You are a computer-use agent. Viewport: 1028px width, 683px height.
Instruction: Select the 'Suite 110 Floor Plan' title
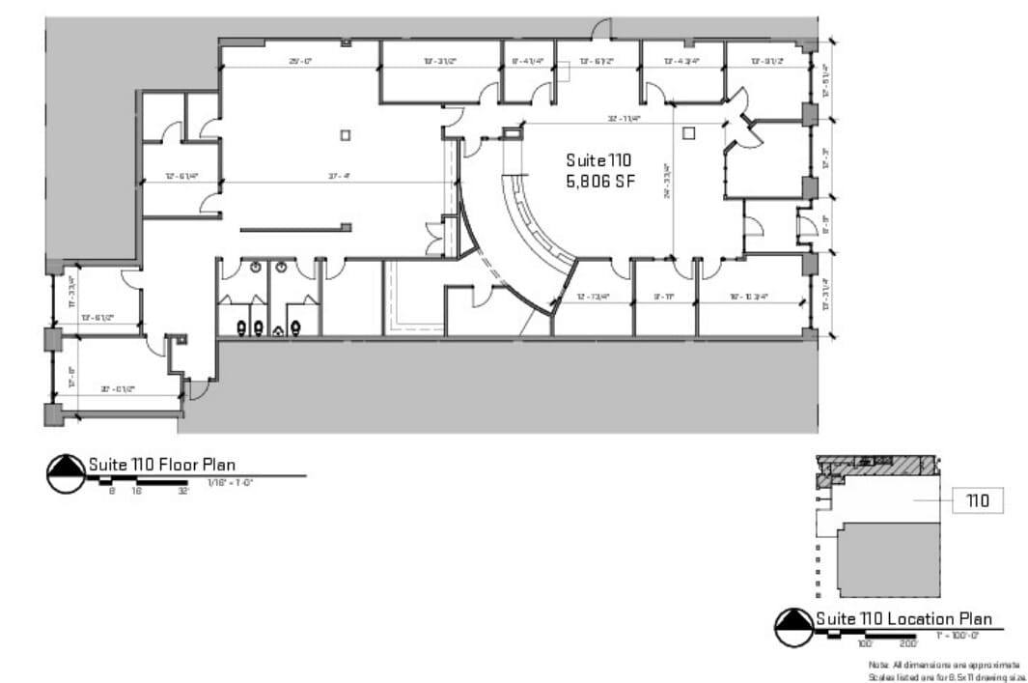pos(162,465)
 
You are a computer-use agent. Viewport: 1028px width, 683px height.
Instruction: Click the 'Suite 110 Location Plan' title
pos(903,619)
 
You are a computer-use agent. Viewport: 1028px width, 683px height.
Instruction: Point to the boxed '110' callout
pos(978,500)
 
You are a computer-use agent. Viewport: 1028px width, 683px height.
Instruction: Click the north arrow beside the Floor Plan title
pos(66,473)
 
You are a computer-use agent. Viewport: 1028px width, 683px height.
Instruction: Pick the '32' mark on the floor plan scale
pos(182,491)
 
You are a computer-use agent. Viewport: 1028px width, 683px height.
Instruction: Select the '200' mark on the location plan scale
pos(908,643)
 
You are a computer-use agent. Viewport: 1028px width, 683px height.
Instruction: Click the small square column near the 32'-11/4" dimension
pos(688,133)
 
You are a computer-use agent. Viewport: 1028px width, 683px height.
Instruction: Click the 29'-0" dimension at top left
pos(300,61)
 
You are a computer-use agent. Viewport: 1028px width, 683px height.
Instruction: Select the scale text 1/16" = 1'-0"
pos(230,482)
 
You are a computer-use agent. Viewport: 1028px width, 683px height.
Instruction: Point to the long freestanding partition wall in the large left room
pos(292,229)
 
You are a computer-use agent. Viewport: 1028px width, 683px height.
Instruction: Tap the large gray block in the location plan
pos(888,560)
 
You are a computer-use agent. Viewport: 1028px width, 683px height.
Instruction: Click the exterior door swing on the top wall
pos(602,29)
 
